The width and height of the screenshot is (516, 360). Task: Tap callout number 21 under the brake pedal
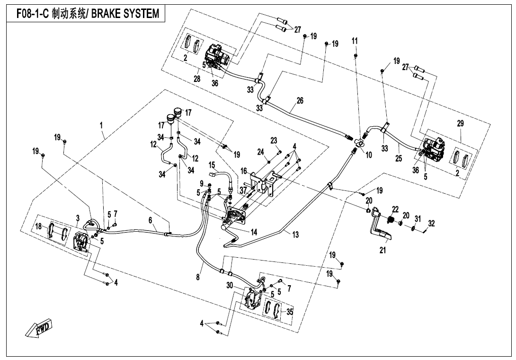383,250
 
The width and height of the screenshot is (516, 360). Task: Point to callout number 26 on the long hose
299,101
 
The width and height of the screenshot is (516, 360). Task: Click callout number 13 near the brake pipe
295,235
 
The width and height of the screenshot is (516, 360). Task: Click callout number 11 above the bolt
355,41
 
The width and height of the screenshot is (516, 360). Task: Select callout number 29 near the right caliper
461,123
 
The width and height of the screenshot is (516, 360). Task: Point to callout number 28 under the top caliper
197,78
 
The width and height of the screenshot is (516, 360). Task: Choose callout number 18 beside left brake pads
40,227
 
